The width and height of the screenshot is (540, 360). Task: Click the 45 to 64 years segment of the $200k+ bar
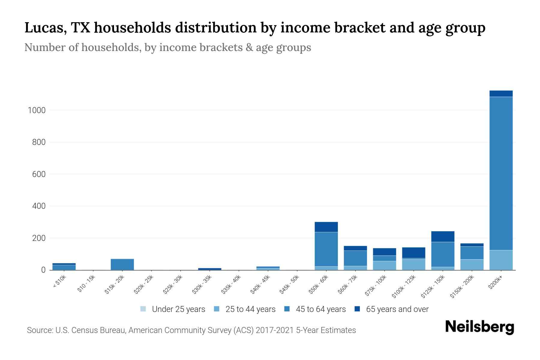[501, 173]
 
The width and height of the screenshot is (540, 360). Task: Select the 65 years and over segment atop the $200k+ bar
[501, 94]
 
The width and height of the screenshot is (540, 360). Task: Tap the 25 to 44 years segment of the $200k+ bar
[501, 260]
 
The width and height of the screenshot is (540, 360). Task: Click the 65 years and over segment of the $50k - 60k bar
[326, 227]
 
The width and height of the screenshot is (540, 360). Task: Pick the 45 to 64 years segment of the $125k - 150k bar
[442, 254]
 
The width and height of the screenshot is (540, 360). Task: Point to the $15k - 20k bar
[122, 264]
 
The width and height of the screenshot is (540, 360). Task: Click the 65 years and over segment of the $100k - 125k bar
[413, 253]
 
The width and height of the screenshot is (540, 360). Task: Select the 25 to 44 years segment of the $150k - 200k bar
[472, 265]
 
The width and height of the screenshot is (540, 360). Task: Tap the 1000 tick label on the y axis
[37, 110]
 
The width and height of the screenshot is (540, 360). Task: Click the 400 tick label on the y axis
[39, 206]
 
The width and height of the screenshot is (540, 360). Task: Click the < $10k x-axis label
[59, 282]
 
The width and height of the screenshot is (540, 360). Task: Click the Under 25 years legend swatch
[143, 309]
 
